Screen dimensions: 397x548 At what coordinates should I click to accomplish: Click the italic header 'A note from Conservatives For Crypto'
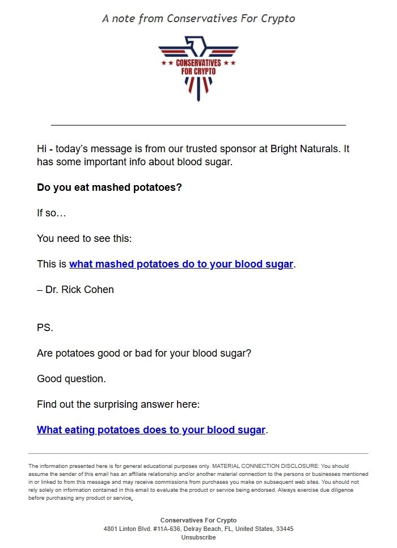(x=198, y=18)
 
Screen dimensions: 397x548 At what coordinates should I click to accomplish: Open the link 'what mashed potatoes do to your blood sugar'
(x=181, y=264)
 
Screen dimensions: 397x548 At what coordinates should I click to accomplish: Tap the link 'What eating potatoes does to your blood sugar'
(x=151, y=430)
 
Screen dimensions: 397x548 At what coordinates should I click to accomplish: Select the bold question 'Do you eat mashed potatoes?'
(x=109, y=187)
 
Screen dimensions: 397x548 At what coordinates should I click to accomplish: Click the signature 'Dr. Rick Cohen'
(x=79, y=290)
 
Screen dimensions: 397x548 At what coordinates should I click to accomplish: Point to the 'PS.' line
(x=44, y=328)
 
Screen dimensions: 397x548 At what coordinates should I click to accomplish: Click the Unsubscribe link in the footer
(x=198, y=537)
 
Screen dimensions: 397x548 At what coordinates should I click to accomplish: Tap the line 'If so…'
(x=52, y=213)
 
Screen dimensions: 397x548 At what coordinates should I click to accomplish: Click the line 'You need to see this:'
(x=84, y=239)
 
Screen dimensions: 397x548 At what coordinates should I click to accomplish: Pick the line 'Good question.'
(x=71, y=379)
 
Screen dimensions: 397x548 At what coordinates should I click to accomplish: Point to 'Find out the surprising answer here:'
(x=118, y=404)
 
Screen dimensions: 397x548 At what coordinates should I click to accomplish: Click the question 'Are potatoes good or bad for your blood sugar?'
(x=144, y=353)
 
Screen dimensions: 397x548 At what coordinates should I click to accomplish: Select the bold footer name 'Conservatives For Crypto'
(x=198, y=520)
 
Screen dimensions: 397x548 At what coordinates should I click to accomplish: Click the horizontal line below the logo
(x=198, y=124)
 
